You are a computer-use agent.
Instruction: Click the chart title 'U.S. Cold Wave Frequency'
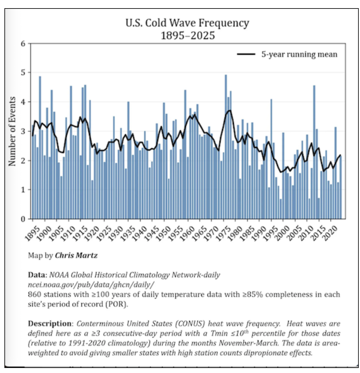tap(187, 23)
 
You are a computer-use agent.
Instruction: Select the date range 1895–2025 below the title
tap(188, 35)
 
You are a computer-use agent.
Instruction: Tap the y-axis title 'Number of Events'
tap(12, 131)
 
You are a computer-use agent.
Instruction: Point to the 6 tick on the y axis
tap(23, 43)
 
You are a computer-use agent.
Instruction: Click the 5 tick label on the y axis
tap(23, 73)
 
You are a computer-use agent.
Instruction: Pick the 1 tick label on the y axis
tap(23, 190)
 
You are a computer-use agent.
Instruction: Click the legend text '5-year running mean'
tap(299, 55)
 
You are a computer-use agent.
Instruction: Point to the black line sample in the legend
tap(246, 55)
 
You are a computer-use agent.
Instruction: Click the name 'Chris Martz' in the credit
tap(76, 255)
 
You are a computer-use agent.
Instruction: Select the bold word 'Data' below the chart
tap(37, 275)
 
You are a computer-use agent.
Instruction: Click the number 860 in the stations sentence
tap(34, 294)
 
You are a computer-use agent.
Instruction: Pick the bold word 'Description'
tap(50, 324)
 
